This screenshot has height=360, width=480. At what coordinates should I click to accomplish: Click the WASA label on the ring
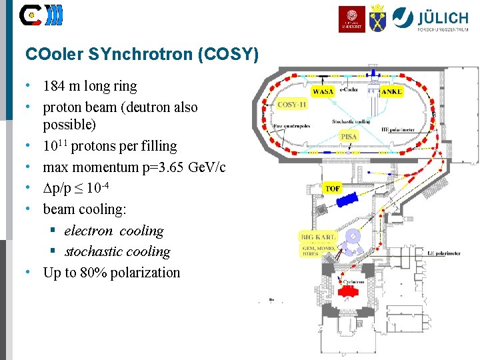click(323, 91)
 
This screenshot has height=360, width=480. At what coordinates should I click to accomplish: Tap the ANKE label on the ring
click(393, 91)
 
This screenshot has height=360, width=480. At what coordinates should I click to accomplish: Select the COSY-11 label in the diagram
click(291, 105)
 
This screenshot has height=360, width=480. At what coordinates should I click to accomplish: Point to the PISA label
click(349, 136)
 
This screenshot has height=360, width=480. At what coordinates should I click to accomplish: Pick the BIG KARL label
click(319, 237)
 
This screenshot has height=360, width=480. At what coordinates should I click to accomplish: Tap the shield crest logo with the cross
click(377, 18)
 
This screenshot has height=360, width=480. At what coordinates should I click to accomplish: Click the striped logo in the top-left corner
click(41, 15)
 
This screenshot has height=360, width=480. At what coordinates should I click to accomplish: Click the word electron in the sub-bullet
click(89, 231)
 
